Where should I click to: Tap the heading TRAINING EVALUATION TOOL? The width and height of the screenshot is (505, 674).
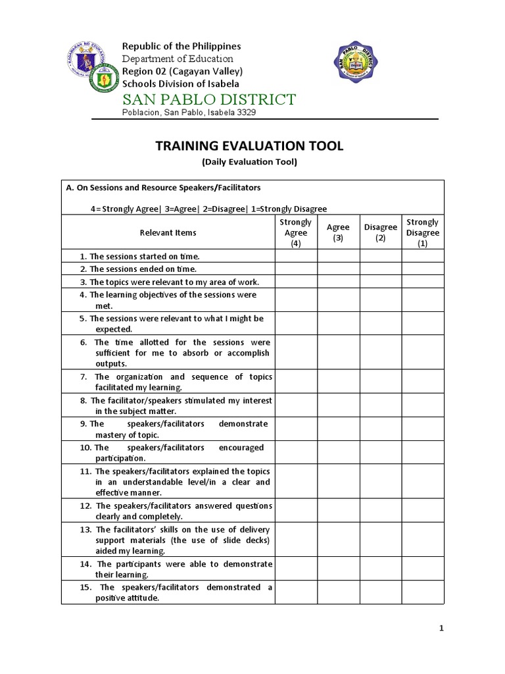[x=249, y=146]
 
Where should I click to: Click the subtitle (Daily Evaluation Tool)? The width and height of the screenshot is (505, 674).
[x=249, y=162]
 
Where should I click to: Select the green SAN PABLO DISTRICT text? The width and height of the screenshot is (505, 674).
[x=209, y=99]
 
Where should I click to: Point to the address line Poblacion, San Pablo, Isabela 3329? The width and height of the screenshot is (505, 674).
[x=189, y=113]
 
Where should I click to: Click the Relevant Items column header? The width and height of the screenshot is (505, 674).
[x=168, y=232]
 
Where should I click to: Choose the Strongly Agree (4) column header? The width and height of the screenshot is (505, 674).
[x=296, y=232]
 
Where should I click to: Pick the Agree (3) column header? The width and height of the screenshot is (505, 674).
[x=338, y=232]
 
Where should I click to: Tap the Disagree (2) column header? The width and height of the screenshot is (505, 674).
[x=381, y=232]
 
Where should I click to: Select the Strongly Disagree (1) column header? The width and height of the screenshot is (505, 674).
[x=423, y=232]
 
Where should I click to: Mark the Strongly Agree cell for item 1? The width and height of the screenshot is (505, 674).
[x=296, y=256]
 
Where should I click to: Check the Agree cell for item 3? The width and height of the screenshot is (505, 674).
[x=338, y=282]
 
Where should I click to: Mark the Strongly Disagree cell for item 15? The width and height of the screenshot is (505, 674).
[x=423, y=592]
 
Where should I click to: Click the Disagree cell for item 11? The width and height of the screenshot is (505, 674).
[x=381, y=482]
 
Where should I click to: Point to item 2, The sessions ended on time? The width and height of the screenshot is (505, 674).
[x=138, y=269]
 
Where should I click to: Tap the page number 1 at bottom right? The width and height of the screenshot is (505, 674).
[x=442, y=629]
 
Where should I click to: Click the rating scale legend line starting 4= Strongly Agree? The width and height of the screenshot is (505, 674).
[x=208, y=209]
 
